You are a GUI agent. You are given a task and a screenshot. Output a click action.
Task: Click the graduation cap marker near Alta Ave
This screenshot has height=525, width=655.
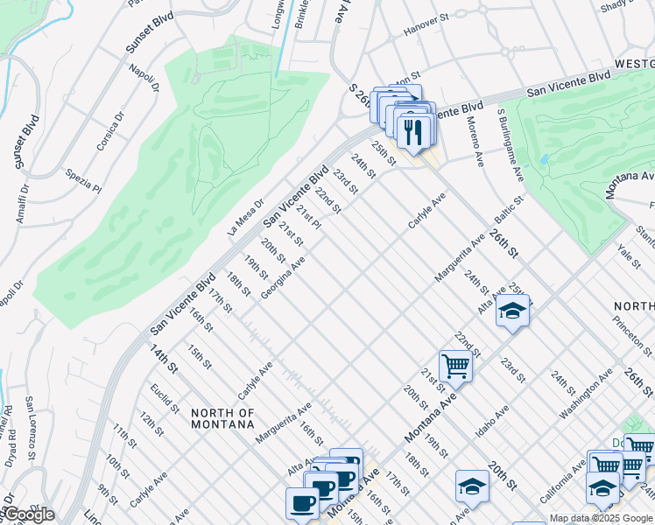click(x=512, y=311)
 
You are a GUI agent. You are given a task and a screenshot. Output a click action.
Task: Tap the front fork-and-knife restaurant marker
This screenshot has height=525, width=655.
click(x=412, y=132)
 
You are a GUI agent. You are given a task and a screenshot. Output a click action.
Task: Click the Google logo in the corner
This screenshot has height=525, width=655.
click(x=28, y=514)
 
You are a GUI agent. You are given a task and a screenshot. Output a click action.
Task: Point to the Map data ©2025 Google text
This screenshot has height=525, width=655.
click(x=600, y=518)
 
